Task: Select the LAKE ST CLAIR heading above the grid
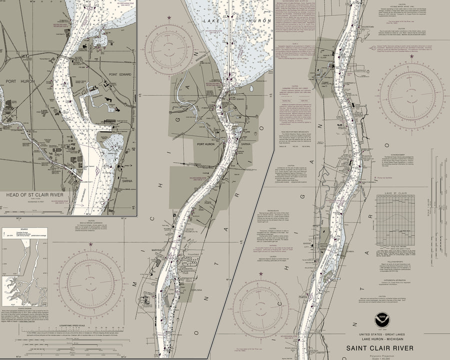pos(393,192)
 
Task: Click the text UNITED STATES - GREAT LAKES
pos(388,333)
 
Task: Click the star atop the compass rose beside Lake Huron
pos(169,18)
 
